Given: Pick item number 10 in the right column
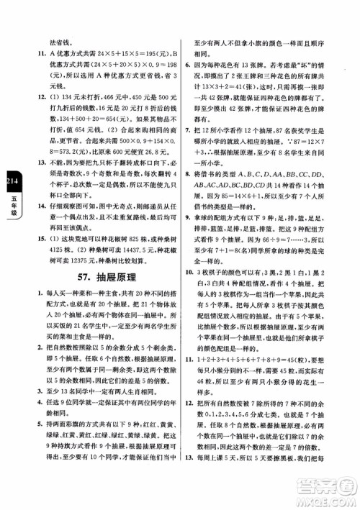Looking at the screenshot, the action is [x=188, y=313].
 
